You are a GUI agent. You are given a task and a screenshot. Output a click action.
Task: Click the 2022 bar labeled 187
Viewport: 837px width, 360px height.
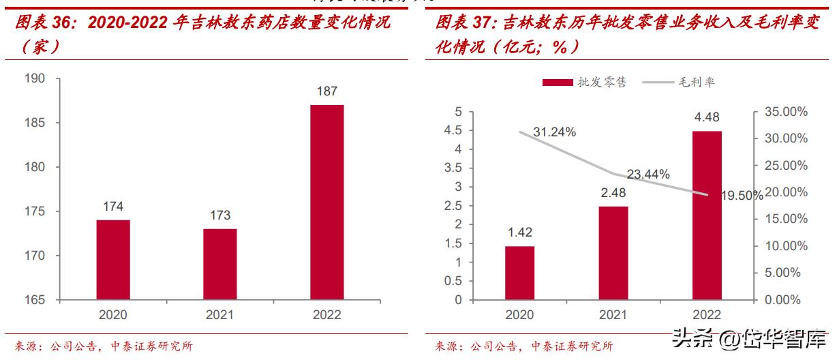[x=326, y=202]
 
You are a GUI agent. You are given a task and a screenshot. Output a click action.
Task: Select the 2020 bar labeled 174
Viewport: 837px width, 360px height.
[x=113, y=260]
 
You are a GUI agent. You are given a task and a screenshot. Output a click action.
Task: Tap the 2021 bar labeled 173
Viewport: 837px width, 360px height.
[x=219, y=264]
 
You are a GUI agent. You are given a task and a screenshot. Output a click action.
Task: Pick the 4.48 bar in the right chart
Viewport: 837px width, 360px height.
[x=707, y=215]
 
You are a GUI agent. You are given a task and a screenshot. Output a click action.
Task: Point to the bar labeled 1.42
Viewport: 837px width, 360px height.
[x=520, y=273]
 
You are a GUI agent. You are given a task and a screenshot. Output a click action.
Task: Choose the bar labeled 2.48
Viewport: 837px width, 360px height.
[x=613, y=252]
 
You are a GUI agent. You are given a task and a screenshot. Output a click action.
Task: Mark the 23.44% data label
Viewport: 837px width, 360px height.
[x=648, y=175]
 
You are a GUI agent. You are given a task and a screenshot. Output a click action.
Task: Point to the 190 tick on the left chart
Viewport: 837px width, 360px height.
[x=36, y=79]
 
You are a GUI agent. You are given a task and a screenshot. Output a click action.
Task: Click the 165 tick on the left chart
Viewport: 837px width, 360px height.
[x=36, y=300]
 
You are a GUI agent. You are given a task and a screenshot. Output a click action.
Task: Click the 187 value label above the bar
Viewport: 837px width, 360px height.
[x=326, y=91]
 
